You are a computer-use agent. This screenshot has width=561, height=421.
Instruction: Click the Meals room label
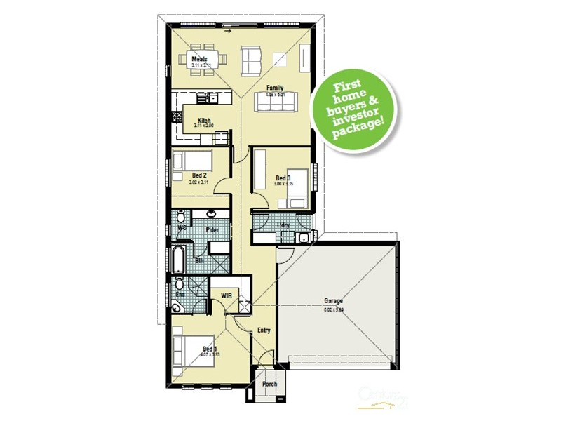(x=199, y=59)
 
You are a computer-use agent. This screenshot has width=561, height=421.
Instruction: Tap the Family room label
(x=274, y=88)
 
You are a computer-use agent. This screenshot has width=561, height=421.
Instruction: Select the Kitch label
(x=204, y=120)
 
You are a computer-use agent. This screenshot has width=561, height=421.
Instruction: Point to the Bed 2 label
(x=199, y=175)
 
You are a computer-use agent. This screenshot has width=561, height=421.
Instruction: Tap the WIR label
(x=226, y=296)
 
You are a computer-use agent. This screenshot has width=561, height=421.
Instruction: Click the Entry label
(x=264, y=330)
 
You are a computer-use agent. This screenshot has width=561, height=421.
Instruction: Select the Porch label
(x=269, y=384)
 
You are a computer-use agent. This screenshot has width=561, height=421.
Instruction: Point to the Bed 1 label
(x=210, y=348)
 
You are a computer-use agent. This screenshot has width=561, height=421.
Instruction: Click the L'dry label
(x=284, y=225)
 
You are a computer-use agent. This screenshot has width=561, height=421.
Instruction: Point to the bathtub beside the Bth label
(x=177, y=260)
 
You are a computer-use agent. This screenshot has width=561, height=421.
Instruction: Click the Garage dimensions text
(x=333, y=309)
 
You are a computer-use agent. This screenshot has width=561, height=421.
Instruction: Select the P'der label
(x=212, y=229)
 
